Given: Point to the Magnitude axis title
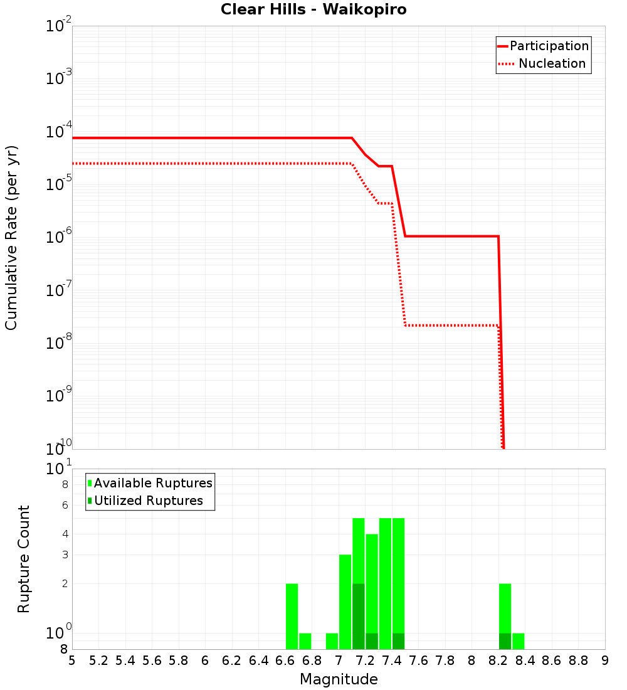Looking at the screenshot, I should point(339,679).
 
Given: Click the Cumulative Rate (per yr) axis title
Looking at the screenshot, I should point(11,238).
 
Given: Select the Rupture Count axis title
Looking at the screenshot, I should point(24,559).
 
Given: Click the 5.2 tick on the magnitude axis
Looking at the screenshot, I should point(99,661).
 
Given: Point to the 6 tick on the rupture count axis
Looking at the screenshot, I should point(65,505).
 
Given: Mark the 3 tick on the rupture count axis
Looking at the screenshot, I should point(65,555).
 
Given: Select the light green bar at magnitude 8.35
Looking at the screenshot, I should point(519,641).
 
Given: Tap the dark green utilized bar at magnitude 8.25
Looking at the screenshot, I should point(505,641).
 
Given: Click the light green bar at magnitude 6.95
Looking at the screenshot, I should point(332,641).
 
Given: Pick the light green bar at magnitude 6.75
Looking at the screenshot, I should point(305,641).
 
